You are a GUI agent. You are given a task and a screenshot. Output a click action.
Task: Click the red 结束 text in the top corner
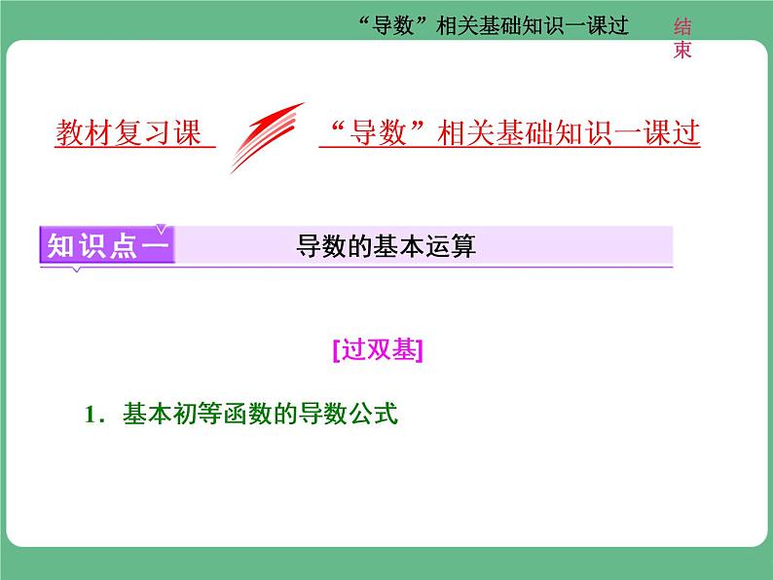[682, 40]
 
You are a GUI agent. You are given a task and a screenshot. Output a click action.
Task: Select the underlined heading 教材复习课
[129, 133]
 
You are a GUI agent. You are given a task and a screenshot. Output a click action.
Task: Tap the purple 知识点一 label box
[107, 246]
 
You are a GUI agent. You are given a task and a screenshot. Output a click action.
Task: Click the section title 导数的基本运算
[386, 247]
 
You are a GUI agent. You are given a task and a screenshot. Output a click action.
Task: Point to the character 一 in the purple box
[155, 246]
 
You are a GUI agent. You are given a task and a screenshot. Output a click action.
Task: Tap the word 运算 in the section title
[451, 247]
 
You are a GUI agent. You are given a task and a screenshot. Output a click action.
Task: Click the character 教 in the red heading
[69, 133]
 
